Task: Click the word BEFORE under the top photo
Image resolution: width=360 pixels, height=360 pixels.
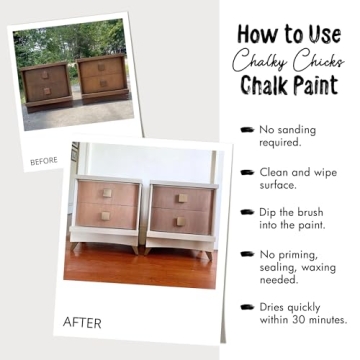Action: point(44,161)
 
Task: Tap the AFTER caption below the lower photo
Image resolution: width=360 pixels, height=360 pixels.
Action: point(82,322)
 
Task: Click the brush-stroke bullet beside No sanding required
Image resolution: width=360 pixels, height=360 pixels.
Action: point(246,129)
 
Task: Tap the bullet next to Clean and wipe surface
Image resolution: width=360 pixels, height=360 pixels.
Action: point(246,172)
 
